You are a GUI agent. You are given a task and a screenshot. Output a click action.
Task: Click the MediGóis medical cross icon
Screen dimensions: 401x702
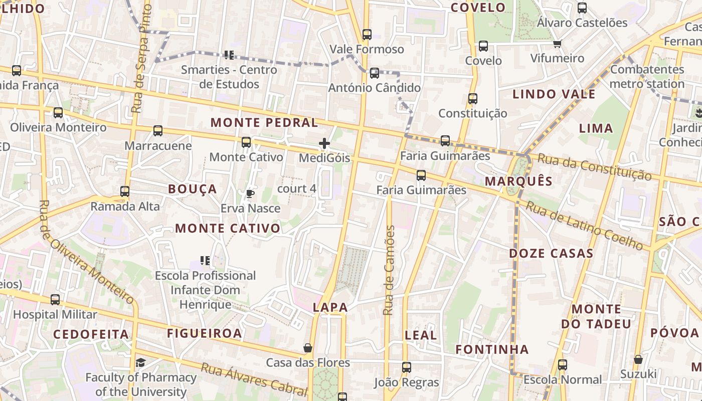[x=324, y=144]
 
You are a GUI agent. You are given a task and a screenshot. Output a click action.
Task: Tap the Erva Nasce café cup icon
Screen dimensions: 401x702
[x=250, y=193]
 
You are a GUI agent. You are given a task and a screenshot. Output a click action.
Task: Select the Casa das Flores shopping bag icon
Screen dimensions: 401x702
[x=308, y=348]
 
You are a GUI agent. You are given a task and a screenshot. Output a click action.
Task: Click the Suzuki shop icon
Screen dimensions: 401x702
[x=638, y=359]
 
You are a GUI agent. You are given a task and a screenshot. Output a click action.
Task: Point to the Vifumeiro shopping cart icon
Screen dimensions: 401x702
[x=557, y=44]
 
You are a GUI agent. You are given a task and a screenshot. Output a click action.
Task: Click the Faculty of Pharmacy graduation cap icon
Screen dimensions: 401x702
[x=141, y=362]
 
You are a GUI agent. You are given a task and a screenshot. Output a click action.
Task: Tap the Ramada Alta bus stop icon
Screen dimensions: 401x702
[x=125, y=191]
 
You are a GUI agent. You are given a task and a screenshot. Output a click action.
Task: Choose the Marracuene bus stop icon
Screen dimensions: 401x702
[x=158, y=131]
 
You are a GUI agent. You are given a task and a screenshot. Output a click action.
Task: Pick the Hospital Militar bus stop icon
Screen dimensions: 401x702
[x=55, y=300]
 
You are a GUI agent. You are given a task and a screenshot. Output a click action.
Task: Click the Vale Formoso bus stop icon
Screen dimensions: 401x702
[x=367, y=35]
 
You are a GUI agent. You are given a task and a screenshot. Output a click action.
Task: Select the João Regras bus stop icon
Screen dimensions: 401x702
[x=407, y=367]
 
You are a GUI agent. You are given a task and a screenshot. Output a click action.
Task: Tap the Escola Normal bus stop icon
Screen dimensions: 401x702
[x=563, y=365]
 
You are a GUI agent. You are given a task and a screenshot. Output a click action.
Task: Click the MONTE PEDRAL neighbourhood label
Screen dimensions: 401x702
[x=264, y=123]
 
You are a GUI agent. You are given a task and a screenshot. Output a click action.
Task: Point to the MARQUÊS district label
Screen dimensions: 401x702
[x=518, y=181]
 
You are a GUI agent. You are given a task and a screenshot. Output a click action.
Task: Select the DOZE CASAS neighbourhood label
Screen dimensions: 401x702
[x=551, y=254]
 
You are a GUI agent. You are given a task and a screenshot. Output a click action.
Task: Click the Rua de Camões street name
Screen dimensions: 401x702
[x=389, y=271]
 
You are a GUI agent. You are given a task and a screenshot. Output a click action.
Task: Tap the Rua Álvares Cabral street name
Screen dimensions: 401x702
[x=254, y=377]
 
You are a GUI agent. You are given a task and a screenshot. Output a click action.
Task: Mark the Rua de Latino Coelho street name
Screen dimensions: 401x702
[x=584, y=225]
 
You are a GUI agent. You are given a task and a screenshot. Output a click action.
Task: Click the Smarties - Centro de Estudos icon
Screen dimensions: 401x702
[x=229, y=55]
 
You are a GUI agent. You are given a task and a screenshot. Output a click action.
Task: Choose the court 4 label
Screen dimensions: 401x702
[x=297, y=189]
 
